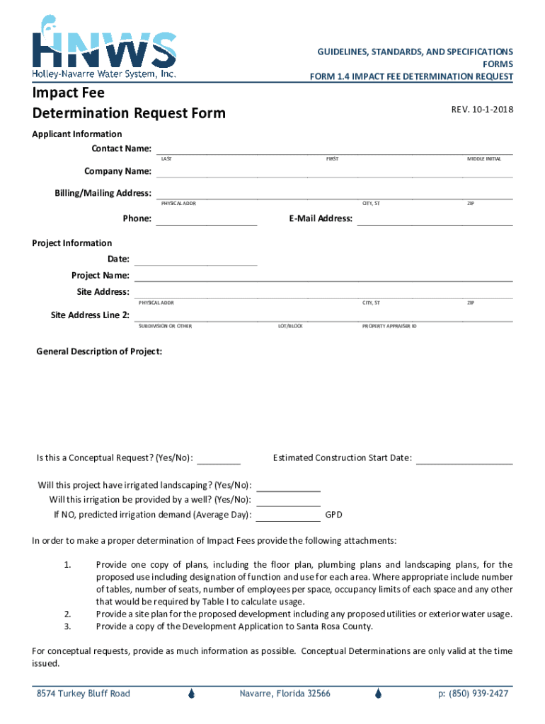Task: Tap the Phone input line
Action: pyautogui.click(x=206, y=219)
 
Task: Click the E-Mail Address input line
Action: pyautogui.click(x=435, y=219)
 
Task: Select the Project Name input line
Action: pyautogui.click(x=323, y=276)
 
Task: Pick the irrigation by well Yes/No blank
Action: pyautogui.click(x=288, y=501)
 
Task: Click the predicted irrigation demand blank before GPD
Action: pyautogui.click(x=288, y=515)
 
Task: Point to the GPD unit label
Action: pyautogui.click(x=333, y=515)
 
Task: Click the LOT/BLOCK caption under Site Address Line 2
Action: pyautogui.click(x=291, y=326)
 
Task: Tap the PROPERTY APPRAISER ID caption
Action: pyautogui.click(x=389, y=326)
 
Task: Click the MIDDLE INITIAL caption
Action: pyautogui.click(x=484, y=159)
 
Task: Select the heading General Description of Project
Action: pyautogui.click(x=99, y=351)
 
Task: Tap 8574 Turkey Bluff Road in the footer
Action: pyautogui.click(x=84, y=694)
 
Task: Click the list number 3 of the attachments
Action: pyautogui.click(x=67, y=626)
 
